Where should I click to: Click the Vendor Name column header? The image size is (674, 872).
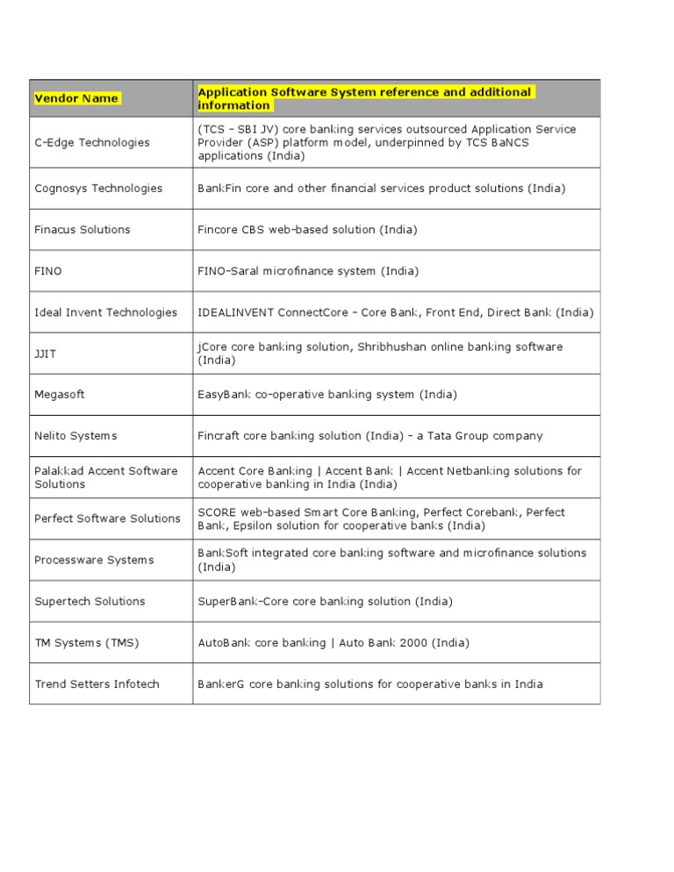coord(76,98)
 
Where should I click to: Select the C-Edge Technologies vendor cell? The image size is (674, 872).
coord(92,143)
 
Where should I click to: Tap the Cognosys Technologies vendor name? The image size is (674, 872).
coord(98,189)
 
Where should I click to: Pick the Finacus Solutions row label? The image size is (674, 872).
coord(82,230)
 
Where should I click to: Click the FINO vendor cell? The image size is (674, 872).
coord(48,271)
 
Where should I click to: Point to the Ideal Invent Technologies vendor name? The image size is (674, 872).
coord(105,312)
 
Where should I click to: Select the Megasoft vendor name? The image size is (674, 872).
coord(60,395)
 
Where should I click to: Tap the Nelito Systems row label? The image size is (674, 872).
coord(75,436)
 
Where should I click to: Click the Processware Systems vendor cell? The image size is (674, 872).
coord(94,560)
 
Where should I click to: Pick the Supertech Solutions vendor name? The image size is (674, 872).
coord(90,601)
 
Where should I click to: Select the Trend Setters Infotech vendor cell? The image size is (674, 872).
coord(97,684)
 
